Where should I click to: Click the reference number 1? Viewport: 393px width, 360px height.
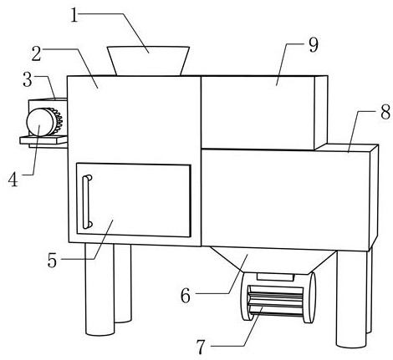[74, 15]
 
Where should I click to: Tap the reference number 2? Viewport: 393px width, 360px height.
[37, 54]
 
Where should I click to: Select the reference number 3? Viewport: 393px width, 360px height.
[28, 79]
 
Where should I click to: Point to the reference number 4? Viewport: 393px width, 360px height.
[13, 180]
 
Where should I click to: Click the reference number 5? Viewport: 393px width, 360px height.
[52, 261]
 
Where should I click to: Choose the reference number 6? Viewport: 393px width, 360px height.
[186, 296]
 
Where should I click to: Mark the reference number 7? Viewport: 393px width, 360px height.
[201, 347]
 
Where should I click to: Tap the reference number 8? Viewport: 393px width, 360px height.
[385, 113]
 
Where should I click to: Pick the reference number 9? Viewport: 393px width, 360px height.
[314, 45]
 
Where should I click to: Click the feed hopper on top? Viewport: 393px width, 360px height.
[149, 61]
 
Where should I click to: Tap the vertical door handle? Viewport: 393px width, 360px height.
[87, 201]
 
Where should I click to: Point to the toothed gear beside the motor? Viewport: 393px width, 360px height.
[58, 121]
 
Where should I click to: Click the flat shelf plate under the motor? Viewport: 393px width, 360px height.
[43, 139]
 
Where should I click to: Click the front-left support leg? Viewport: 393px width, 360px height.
[100, 290]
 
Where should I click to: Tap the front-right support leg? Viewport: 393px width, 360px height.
[351, 299]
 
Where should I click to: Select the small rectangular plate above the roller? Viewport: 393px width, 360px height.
[275, 276]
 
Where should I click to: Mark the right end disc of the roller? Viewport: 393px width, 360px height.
[310, 297]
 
